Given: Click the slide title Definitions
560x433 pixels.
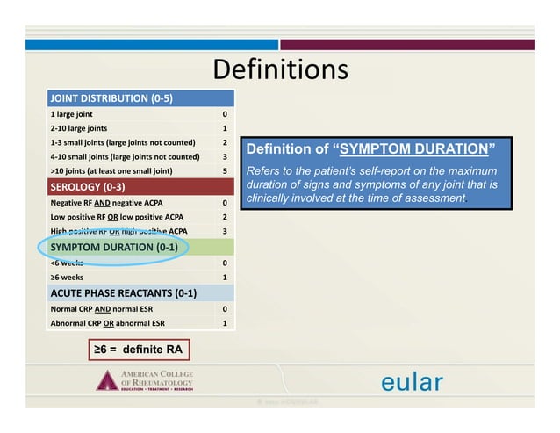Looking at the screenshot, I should (x=280, y=70).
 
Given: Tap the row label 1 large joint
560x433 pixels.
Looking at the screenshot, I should (x=72, y=114).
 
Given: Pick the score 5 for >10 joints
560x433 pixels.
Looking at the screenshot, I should (x=226, y=170).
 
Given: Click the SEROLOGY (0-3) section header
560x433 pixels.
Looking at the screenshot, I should (x=89, y=187).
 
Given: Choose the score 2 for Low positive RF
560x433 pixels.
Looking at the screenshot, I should (x=226, y=217).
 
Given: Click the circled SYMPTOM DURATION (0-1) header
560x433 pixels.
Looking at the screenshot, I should (x=115, y=247).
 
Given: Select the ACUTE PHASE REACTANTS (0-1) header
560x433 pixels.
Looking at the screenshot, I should (x=123, y=293).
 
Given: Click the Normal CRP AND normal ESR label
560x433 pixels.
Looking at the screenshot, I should (x=109, y=309).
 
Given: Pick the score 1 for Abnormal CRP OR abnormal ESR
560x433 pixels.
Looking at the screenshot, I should (x=226, y=323).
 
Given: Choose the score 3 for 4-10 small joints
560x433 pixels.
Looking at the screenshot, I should (x=226, y=156).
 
